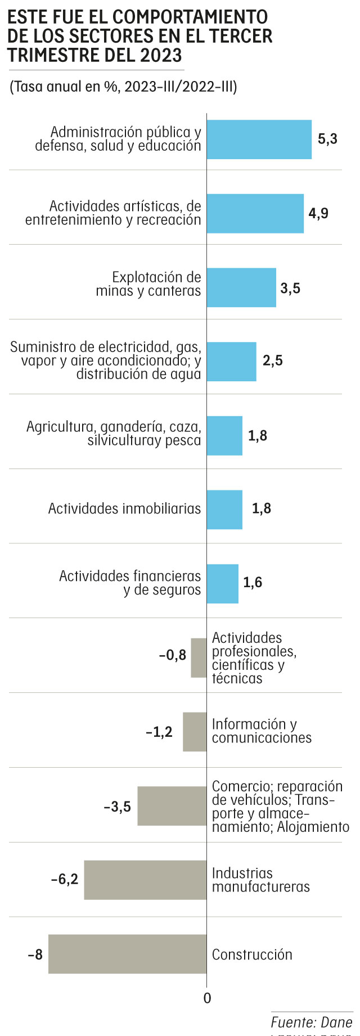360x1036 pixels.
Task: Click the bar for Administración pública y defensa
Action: click(x=259, y=139)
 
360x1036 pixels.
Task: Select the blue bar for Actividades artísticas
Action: click(x=255, y=214)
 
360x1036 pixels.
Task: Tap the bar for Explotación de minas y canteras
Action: click(x=241, y=287)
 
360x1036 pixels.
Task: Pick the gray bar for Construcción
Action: click(x=127, y=954)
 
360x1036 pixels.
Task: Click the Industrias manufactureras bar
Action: click(x=145, y=880)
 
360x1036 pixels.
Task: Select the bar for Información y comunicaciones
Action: click(x=195, y=732)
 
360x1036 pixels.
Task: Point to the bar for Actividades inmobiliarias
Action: click(x=224, y=510)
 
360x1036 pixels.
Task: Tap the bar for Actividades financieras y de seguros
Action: click(x=222, y=584)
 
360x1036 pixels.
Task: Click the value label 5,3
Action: click(x=327, y=139)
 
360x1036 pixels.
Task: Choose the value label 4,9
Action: click(x=318, y=214)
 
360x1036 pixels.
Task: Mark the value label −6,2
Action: click(x=65, y=879)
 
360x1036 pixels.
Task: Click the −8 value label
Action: click(x=35, y=954)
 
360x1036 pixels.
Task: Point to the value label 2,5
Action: click(x=273, y=361)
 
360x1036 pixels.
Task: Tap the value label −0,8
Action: click(x=173, y=656)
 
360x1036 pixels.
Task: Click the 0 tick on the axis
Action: click(x=207, y=998)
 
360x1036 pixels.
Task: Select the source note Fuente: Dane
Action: click(x=311, y=1022)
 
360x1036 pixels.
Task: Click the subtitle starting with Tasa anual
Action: click(x=123, y=87)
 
